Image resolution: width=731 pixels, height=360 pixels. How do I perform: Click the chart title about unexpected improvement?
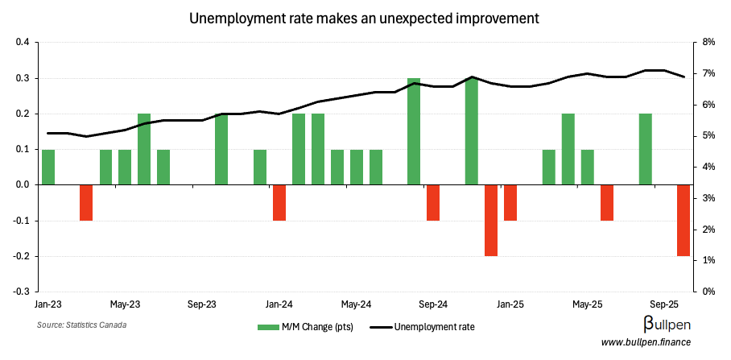pos(365,17)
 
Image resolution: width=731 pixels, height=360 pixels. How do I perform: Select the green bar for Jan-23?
pos(48,167)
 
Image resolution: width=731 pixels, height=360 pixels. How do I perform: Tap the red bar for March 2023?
pos(86,202)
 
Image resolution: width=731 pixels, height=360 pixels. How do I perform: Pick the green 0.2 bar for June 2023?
pos(144,149)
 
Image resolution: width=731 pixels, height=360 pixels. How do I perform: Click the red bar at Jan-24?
pos(279,202)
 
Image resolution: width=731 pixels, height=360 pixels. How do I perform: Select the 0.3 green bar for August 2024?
pos(414,131)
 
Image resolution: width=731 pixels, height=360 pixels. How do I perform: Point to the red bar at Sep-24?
pos(433,202)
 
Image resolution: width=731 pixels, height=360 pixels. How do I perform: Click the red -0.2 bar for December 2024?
pos(491,220)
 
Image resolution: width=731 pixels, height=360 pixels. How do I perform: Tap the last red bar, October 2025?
pos(684,220)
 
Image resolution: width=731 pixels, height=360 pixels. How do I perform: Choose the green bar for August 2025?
pos(645,149)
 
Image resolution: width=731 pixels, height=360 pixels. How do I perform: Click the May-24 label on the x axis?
pos(356,304)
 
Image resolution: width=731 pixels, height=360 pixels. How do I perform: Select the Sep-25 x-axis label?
pos(664,304)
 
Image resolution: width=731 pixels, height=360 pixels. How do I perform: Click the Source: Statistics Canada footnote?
pos(81,325)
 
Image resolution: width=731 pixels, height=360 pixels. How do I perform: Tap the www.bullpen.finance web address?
pos(652,343)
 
